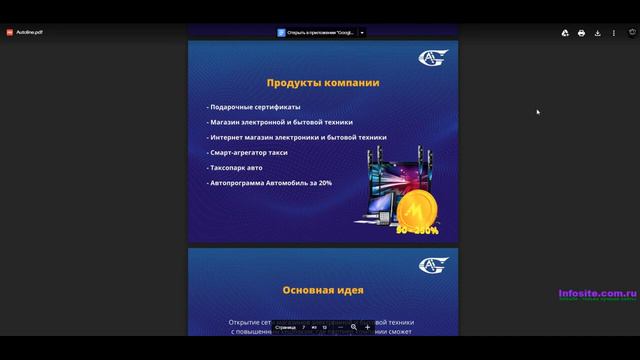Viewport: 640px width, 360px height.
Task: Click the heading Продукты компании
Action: pos(322,82)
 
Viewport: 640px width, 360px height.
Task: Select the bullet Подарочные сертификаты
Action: pos(254,107)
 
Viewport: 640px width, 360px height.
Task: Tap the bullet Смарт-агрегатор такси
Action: pos(248,152)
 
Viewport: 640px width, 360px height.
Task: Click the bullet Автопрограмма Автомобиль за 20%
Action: pos(270,183)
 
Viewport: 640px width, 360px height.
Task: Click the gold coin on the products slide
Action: pos(415,211)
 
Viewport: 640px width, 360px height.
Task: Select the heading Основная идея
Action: pos(322,291)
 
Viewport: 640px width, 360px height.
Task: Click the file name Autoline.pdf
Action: pos(29,32)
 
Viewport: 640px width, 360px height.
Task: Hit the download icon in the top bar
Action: pos(597,32)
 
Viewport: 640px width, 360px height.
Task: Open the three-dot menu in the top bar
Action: pos(614,32)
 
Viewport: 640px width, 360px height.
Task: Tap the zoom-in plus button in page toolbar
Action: pos(367,327)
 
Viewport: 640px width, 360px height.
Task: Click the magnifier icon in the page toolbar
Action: pos(354,327)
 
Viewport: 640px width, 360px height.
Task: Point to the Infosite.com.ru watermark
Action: pos(597,294)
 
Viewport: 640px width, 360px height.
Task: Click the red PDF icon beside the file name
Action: pos(10,32)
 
